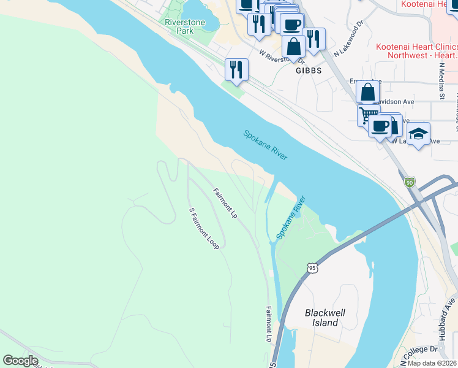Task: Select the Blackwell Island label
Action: pos(325,318)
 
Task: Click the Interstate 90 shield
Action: pos(409,182)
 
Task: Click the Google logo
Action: pos(20,361)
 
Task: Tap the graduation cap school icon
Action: pos(418,134)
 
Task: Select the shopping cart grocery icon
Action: pos(368,114)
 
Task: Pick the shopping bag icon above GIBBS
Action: pos(294,47)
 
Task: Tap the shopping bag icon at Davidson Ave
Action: pos(367,92)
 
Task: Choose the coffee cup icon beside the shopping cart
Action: pos(380,126)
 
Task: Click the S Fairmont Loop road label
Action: pos(204,228)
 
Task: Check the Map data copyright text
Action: pos(432,363)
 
